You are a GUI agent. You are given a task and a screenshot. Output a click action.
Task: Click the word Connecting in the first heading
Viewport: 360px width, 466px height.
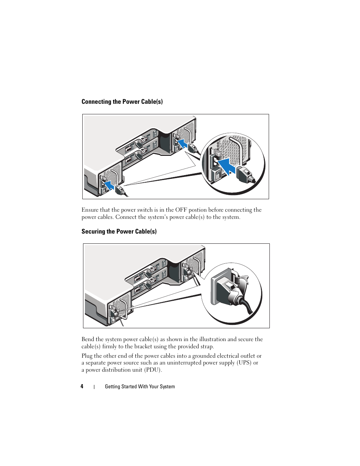(x=96, y=102)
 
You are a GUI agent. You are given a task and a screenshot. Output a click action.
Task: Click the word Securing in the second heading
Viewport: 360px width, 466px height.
(x=93, y=231)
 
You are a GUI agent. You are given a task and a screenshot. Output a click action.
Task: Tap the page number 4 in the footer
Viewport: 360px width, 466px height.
(x=82, y=386)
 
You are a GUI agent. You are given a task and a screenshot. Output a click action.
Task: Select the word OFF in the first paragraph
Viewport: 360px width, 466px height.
(x=181, y=210)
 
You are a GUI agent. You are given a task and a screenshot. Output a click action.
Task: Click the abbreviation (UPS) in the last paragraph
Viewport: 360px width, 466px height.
(x=244, y=363)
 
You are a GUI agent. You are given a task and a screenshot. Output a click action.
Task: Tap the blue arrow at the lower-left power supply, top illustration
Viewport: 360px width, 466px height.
(x=109, y=185)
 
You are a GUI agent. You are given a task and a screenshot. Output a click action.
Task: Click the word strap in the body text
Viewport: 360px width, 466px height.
(x=206, y=346)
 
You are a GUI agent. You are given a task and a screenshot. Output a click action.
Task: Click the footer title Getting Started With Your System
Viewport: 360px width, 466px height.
(x=140, y=386)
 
